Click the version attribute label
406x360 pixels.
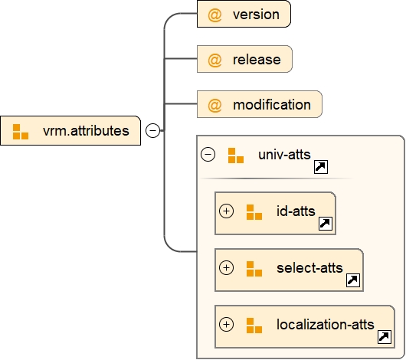click(x=256, y=15)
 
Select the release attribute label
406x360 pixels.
click(x=257, y=59)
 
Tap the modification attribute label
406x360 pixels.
click(x=272, y=104)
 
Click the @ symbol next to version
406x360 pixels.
click(x=215, y=15)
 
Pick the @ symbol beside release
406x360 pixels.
click(x=215, y=59)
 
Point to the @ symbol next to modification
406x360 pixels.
click(x=215, y=104)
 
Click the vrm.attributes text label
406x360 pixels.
click(x=86, y=131)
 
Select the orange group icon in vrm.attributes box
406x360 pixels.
click(x=21, y=131)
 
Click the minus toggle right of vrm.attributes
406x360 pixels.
click(x=152, y=130)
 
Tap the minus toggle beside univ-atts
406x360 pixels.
click(x=208, y=154)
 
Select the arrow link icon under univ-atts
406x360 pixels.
click(x=321, y=166)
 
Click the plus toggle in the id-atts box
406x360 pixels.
click(x=226, y=211)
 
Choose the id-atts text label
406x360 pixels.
click(x=296, y=211)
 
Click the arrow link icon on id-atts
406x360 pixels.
click(x=324, y=224)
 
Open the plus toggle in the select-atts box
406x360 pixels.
click(x=226, y=267)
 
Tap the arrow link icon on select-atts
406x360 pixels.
click(x=352, y=280)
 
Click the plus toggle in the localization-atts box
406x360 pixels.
click(x=226, y=324)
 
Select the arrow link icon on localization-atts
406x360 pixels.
click(x=385, y=336)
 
